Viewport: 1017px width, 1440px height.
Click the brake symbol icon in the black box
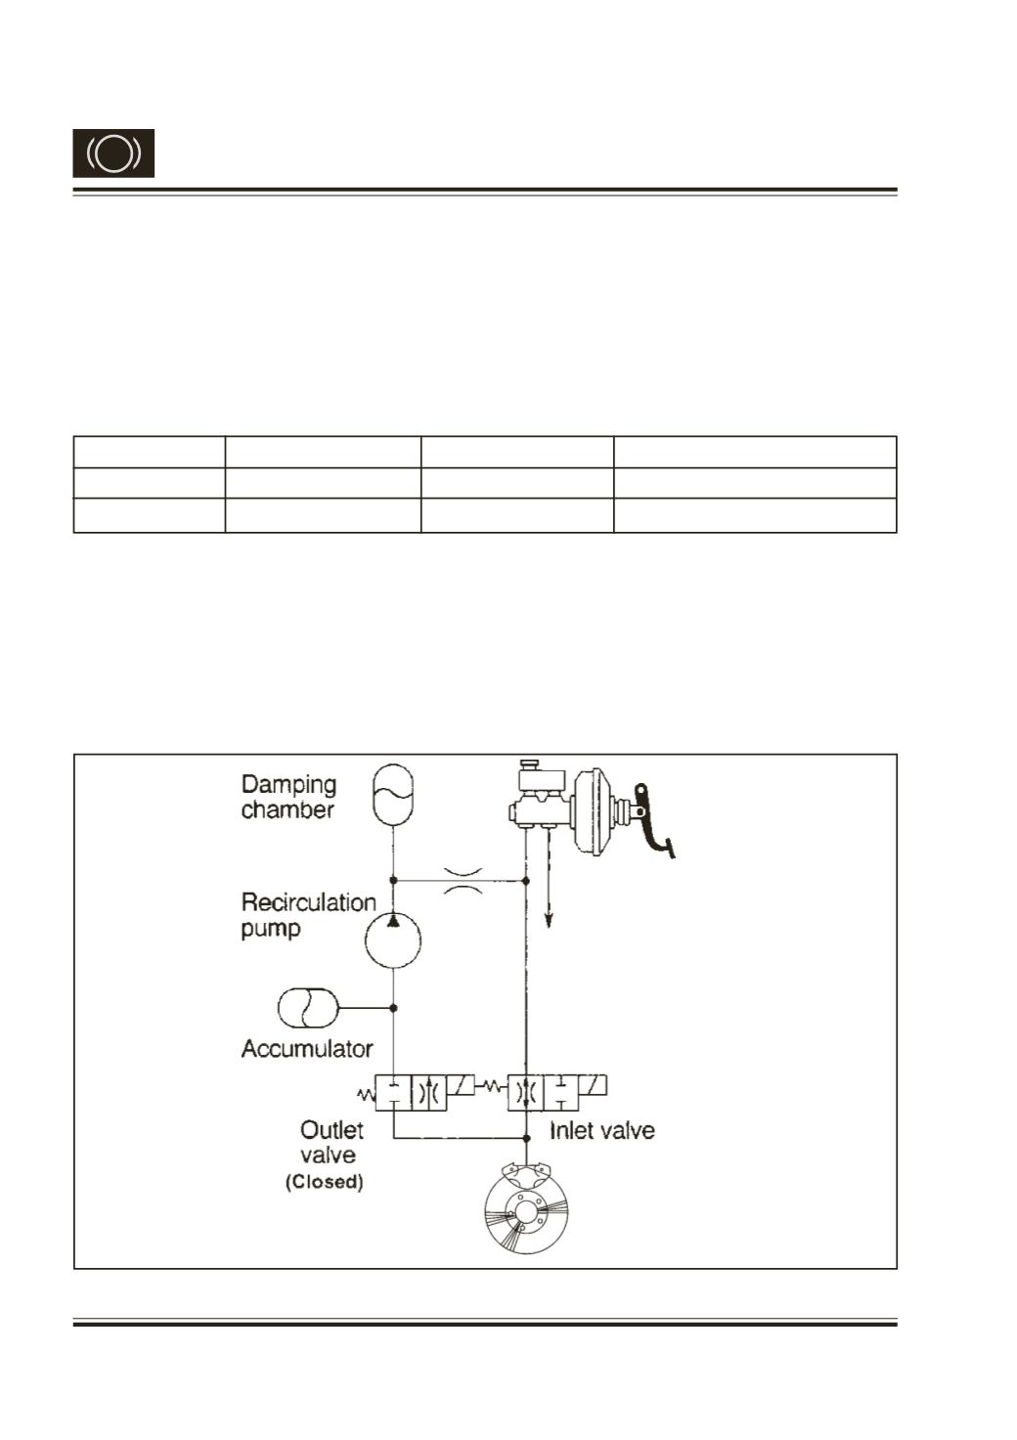[113, 153]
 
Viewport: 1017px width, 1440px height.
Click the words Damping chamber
[288, 797]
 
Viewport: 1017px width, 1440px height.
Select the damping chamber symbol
[393, 794]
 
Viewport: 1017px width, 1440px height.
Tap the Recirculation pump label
[309, 915]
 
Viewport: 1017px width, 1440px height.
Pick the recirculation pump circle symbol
[393, 940]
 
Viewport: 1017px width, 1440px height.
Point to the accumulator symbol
[308, 1008]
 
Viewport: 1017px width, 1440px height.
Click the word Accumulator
[307, 1049]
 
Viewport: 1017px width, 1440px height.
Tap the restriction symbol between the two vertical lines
[464, 880]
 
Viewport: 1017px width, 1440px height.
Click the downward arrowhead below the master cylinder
[549, 921]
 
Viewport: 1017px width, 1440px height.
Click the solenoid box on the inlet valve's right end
[593, 1086]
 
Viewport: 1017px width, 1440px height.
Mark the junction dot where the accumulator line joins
[393, 1008]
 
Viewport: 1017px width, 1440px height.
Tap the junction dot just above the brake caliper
[526, 1139]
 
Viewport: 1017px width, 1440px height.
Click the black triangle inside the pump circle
[393, 921]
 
